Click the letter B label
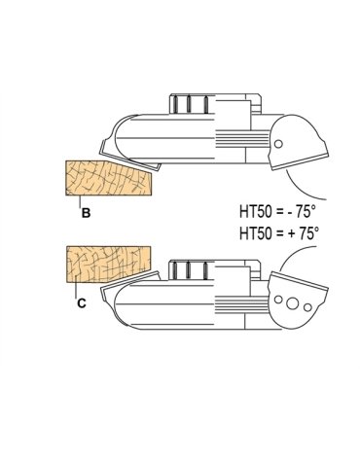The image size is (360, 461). click(x=86, y=213)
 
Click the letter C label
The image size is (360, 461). click(x=82, y=303)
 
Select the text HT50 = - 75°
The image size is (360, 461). click(x=277, y=212)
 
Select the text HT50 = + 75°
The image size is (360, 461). click(x=279, y=233)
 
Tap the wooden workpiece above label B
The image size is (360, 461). click(x=109, y=178)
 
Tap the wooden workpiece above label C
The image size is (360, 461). click(x=109, y=265)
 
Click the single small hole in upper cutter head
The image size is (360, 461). click(x=278, y=144)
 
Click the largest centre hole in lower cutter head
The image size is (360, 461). click(x=293, y=303)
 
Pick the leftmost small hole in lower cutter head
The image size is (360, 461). click(x=278, y=300)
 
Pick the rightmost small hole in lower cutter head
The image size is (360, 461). click(x=307, y=307)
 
